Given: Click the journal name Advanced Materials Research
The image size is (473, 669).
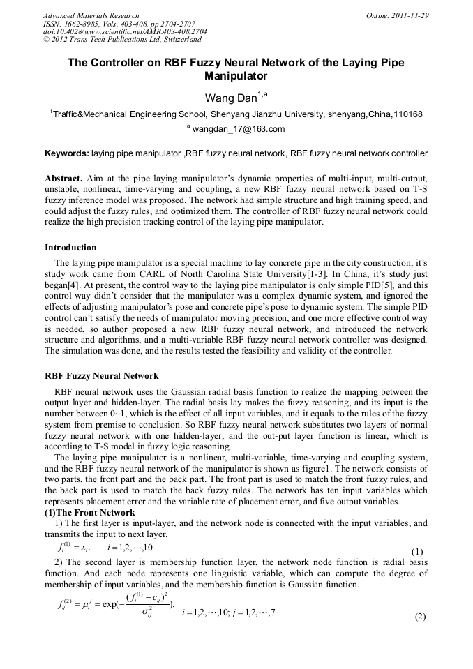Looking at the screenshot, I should click(91, 15).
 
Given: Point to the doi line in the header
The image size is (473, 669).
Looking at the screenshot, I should click(115, 32).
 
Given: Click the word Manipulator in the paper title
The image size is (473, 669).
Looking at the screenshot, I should click(236, 75).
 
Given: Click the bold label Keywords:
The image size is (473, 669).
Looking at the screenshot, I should click(67, 153).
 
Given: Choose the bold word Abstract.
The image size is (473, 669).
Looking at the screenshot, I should click(64, 178).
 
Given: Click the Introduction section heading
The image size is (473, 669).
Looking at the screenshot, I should click(70, 248).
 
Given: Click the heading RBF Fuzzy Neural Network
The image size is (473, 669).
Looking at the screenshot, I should click(102, 376).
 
